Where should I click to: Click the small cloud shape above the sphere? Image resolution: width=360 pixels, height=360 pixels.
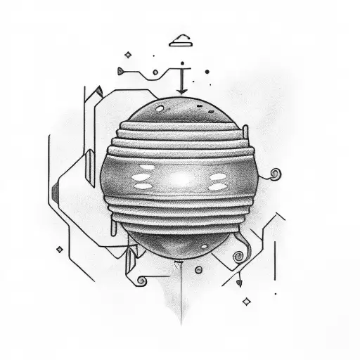pos(181,39)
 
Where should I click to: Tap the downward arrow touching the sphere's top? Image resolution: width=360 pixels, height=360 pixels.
pos(181,84)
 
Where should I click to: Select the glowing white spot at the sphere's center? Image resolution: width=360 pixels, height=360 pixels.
pos(180,180)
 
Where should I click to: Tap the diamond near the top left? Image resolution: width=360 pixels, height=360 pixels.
pos(128,53)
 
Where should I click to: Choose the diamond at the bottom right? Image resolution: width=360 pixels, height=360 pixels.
pos(247,301)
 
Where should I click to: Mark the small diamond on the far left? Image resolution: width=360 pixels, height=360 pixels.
pos(60,250)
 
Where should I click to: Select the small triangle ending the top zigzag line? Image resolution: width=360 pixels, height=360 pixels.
pos(121,70)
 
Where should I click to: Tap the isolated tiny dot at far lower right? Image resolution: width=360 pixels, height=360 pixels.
pos(275,293)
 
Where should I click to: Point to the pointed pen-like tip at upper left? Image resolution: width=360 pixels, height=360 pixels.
pos(99,90)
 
